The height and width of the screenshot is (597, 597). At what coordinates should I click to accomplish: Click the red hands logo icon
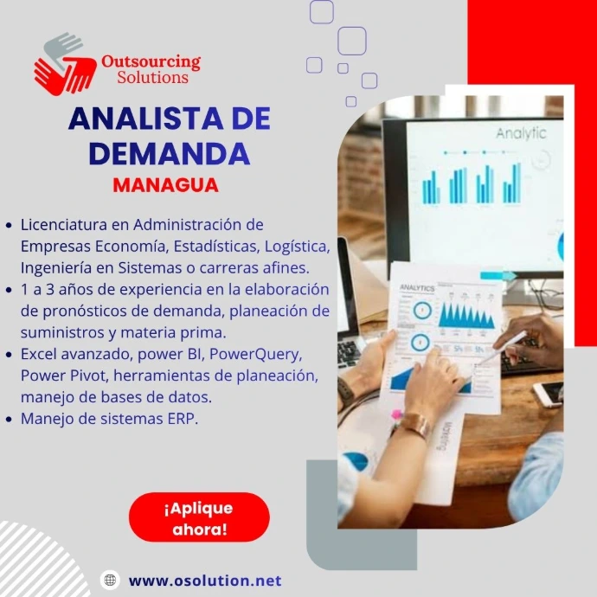tap(65, 64)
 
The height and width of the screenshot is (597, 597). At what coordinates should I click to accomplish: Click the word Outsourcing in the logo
tap(151, 62)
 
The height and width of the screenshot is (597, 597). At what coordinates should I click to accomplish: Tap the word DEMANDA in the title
tap(170, 153)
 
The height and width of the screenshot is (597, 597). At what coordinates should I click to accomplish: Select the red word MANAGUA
tap(165, 185)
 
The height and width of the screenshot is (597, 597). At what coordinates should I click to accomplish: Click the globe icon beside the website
tap(110, 580)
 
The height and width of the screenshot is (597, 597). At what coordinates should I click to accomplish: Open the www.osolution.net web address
tap(205, 581)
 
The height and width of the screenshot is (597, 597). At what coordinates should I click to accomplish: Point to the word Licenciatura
tap(64, 225)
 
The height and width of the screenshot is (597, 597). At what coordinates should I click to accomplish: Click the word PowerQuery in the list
tap(256, 355)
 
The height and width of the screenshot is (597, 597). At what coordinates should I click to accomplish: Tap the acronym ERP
tap(183, 419)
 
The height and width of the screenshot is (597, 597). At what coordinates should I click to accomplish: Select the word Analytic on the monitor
tap(521, 133)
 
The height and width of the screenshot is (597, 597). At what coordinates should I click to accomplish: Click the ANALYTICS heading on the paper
tap(417, 288)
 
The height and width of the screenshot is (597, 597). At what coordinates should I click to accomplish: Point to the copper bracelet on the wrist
tap(414, 424)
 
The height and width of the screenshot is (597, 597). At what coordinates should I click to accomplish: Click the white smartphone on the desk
tap(549, 394)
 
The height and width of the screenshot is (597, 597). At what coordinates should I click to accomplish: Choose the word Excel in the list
tap(38, 354)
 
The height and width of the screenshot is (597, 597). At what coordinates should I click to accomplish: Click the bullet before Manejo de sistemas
tap(10, 419)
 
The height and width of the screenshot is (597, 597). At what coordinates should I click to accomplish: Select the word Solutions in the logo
tap(152, 77)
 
